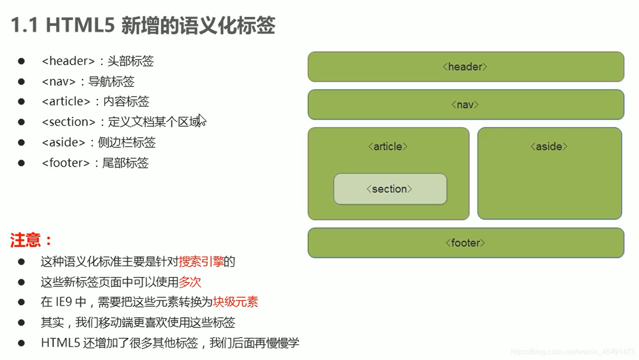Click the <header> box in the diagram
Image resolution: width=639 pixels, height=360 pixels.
465,67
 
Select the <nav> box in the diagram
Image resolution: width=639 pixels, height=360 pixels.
465,105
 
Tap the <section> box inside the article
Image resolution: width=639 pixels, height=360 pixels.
390,189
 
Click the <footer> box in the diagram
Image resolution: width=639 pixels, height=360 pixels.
465,243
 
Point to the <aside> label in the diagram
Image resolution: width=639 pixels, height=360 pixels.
549,147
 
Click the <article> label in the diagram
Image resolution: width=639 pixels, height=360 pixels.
388,147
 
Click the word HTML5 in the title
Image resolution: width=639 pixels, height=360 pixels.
80,26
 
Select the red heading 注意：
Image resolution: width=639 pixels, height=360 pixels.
31,240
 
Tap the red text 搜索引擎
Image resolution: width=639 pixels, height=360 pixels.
201,262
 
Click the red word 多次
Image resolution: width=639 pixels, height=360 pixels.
190,282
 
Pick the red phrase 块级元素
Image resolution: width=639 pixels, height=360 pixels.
235,302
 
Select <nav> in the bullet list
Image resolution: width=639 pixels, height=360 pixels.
59,82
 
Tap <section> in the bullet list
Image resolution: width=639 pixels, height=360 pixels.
68,122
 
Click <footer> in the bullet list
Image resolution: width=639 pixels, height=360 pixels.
66,163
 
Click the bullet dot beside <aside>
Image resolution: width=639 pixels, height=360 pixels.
21,143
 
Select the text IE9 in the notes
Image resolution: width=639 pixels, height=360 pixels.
63,302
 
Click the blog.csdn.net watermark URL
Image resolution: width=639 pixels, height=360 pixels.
573,352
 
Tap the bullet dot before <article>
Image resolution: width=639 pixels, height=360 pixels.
21,102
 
